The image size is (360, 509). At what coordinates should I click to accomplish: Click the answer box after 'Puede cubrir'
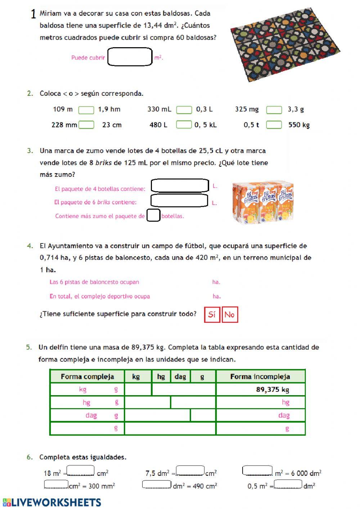click(x=130, y=57)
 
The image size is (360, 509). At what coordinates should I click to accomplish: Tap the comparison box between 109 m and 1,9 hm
click(x=86, y=110)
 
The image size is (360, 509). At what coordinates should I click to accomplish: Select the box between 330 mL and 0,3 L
click(x=184, y=110)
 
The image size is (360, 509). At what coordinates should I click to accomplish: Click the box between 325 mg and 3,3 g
click(x=274, y=110)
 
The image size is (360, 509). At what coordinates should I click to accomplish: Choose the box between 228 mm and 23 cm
click(x=86, y=125)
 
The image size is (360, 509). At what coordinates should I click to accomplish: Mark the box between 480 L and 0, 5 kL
click(x=184, y=125)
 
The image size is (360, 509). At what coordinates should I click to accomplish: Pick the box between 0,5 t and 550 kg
click(x=274, y=125)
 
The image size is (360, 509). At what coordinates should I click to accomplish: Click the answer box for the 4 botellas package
click(x=180, y=186)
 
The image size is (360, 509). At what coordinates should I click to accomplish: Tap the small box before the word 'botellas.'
click(x=153, y=215)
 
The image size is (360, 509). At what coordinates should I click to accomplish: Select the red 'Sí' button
click(x=212, y=314)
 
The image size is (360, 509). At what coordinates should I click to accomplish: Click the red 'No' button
click(x=230, y=314)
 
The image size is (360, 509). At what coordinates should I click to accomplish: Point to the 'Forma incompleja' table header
click(x=260, y=376)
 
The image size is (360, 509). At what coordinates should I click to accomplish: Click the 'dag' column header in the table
click(x=180, y=376)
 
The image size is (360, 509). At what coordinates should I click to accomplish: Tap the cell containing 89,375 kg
click(x=261, y=389)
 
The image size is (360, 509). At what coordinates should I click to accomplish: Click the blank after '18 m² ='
click(x=81, y=471)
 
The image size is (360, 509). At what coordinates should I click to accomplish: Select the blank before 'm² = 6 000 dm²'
click(x=257, y=471)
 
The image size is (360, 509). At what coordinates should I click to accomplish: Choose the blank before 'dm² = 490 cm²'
click(x=157, y=485)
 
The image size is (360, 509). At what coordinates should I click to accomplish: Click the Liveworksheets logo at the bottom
click(x=52, y=502)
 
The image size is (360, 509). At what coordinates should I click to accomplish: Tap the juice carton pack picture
click(x=263, y=203)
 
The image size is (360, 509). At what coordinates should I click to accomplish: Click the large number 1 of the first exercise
click(x=33, y=14)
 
